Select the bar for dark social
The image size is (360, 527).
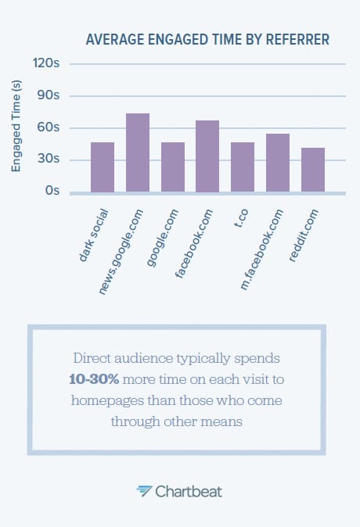coord(103,167)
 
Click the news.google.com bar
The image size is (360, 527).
coord(138,153)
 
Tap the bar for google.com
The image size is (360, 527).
coord(173,167)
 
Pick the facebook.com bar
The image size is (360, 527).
coord(207,156)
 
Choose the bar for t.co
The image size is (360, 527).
coord(243,167)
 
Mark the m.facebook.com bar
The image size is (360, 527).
coord(278,163)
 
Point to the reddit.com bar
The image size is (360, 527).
coord(313,170)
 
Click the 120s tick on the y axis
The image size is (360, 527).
coord(47,64)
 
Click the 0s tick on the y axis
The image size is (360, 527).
coord(52,191)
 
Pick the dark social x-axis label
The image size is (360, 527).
coord(94,233)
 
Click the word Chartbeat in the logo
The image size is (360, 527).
coord(189,491)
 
